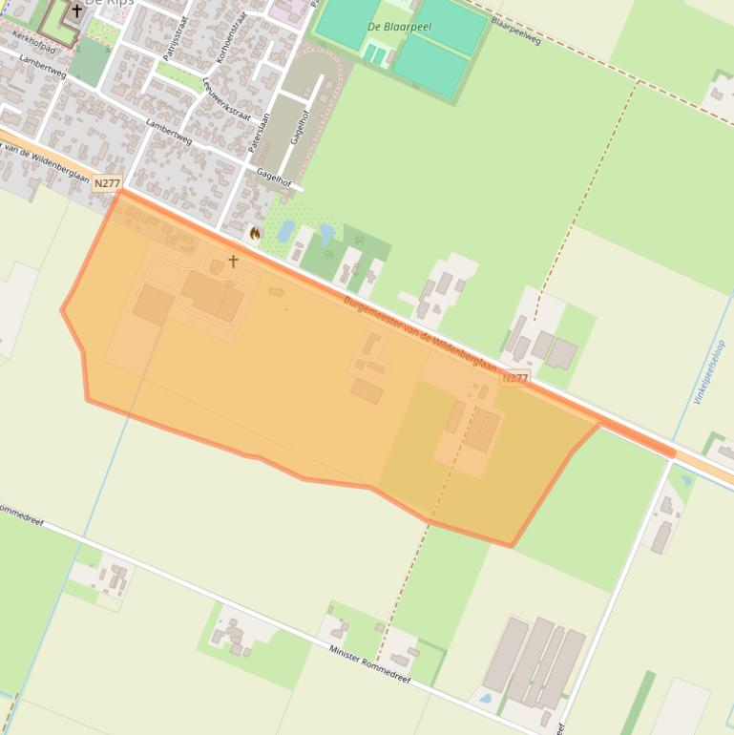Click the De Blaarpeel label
click(399, 27)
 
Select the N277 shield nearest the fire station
click(108, 183)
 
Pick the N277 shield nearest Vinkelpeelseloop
click(514, 378)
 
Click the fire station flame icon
click(255, 233)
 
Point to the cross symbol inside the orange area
click(233, 262)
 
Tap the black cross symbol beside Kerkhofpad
click(77, 11)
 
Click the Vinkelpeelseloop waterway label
click(710, 372)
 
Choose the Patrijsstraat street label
click(176, 31)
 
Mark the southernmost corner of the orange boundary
click(513, 546)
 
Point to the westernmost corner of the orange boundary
click(62, 310)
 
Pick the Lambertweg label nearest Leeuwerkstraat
click(168, 131)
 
